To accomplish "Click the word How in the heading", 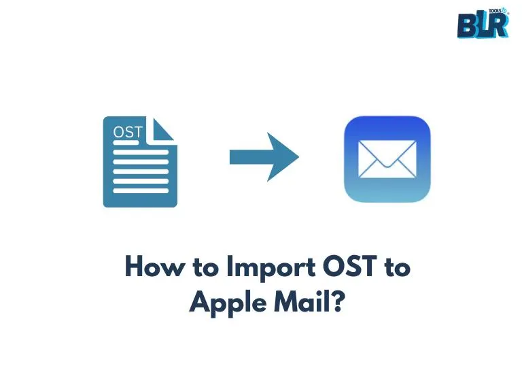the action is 155,266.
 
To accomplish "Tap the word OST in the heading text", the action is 349,266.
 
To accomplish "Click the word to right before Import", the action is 206,267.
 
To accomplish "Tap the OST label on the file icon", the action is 128,132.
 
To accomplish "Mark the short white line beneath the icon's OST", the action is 126,143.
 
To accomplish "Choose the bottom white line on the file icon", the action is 141,191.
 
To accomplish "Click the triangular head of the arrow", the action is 282,157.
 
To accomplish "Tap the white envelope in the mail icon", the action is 387,159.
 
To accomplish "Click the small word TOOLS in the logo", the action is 495,11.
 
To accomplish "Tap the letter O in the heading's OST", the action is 334,266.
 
